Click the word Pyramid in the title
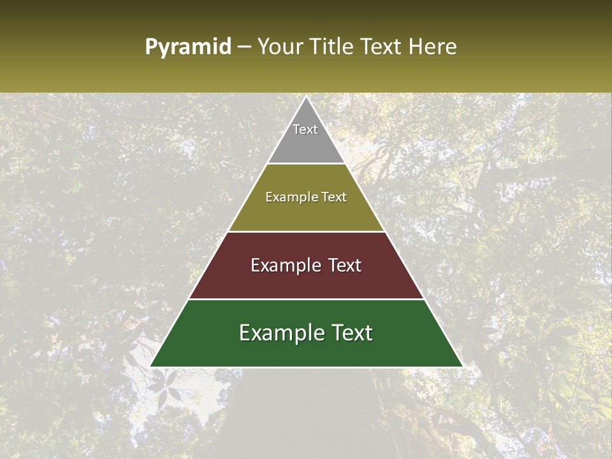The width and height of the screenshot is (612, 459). (187, 47)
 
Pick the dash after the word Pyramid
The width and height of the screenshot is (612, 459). (244, 48)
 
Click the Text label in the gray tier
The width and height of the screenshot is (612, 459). (305, 129)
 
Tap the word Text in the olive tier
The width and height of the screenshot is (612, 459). (334, 197)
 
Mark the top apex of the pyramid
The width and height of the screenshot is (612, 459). (306, 98)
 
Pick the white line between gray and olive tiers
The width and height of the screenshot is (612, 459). (306, 164)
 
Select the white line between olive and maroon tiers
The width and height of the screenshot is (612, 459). (306, 231)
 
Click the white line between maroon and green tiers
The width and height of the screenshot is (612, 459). (306, 299)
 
